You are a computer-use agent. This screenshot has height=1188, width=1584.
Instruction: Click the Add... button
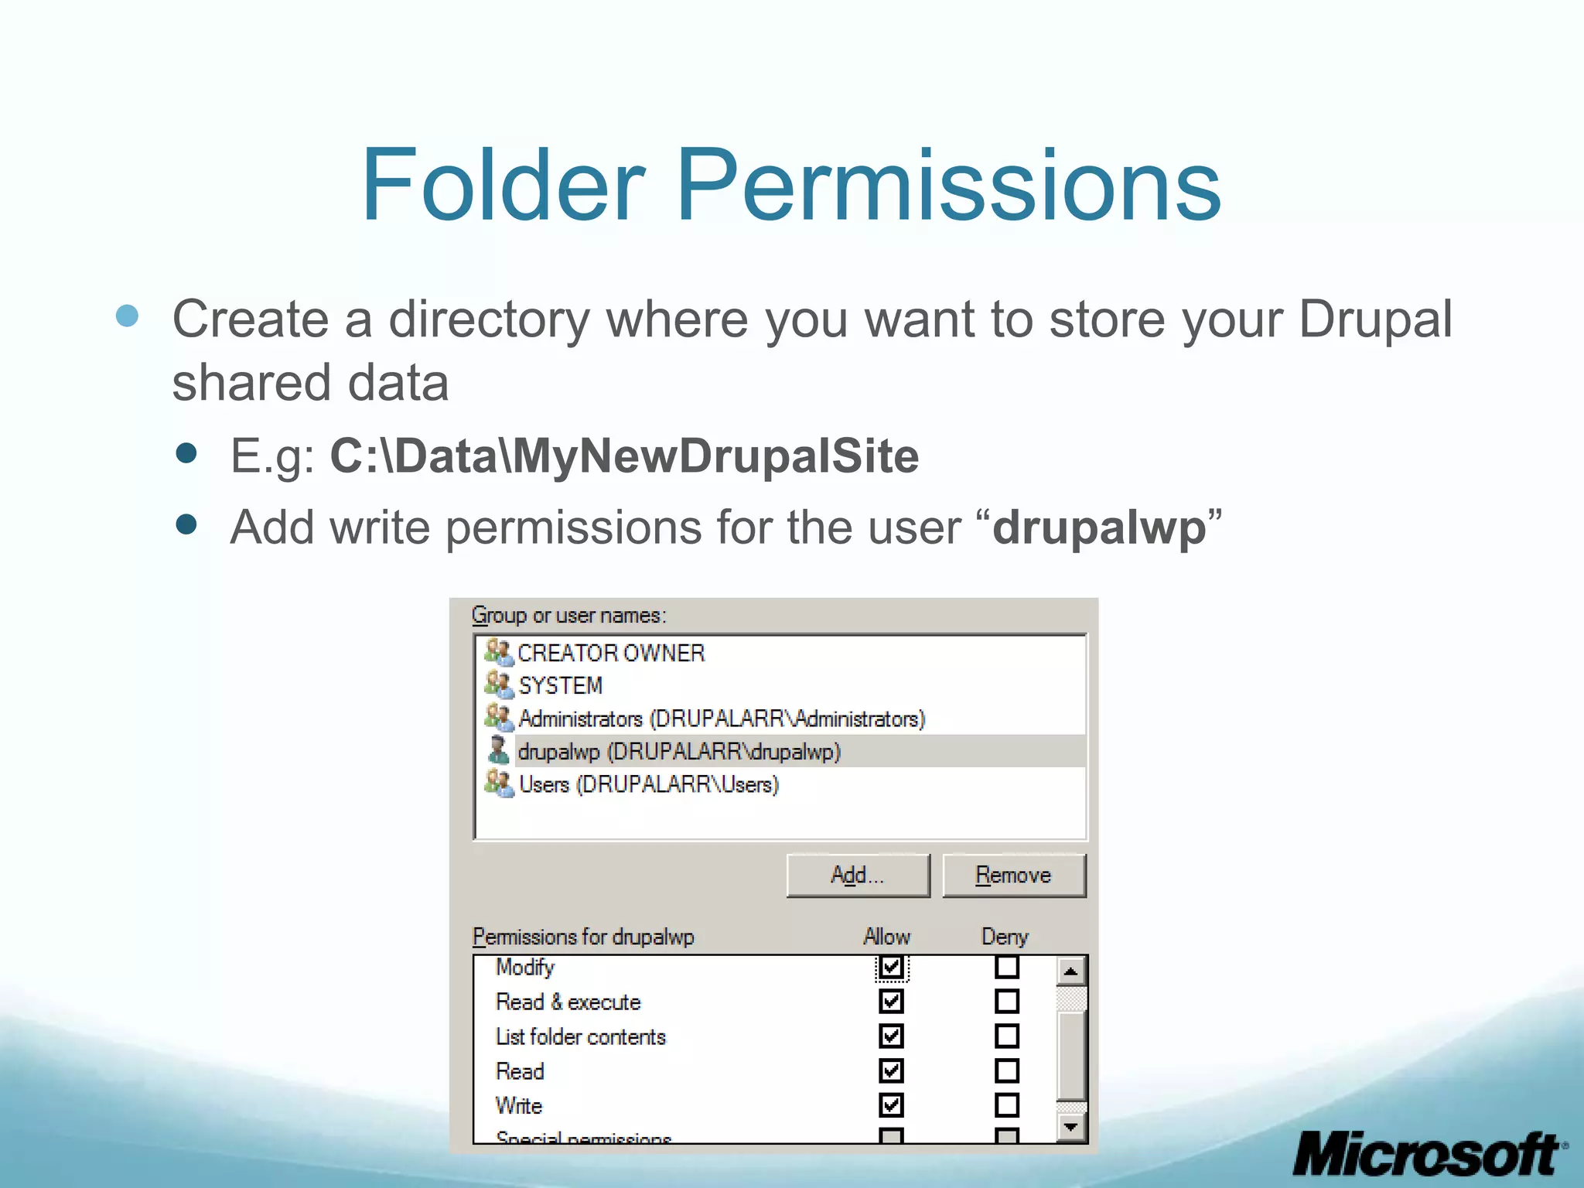pos(858,876)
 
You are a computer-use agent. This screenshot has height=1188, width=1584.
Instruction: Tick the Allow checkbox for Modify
pos(891,967)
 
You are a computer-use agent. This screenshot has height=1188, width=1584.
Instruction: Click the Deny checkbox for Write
pos(1006,1105)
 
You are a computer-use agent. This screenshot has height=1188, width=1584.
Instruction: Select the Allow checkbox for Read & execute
pos(891,1002)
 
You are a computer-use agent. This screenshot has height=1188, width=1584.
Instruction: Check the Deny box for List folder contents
pos(1006,1036)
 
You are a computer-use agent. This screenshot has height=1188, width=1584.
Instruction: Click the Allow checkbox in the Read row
pos(891,1071)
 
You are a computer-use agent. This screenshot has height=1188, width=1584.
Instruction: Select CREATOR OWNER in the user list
pos(611,654)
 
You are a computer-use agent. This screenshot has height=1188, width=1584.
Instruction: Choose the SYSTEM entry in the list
pos(560,686)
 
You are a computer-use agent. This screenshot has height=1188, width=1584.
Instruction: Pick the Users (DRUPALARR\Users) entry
pos(648,784)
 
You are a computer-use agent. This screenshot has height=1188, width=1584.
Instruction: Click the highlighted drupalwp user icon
pos(499,750)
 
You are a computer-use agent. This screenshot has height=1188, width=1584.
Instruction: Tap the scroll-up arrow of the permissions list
pos(1070,971)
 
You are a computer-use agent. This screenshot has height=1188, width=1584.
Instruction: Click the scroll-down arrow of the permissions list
pos(1070,1127)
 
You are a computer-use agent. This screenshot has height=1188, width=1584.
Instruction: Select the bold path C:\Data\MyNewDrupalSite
pos(624,456)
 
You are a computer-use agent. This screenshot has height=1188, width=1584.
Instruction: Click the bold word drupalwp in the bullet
pos(1099,527)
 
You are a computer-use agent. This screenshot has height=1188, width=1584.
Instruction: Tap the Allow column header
pos(886,937)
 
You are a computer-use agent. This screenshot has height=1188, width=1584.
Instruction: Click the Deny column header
pos(1005,937)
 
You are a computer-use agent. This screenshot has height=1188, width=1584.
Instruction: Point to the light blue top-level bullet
pos(127,316)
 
